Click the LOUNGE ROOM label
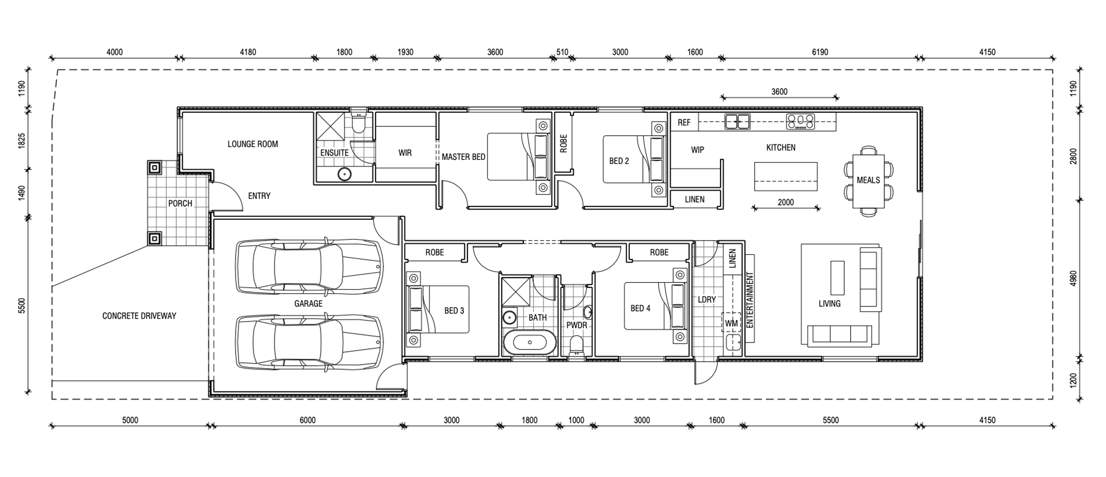point(252,144)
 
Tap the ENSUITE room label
point(334,153)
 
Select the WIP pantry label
point(697,150)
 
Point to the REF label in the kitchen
point(684,123)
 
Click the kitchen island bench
point(786,177)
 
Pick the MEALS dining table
point(868,181)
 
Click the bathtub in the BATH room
point(530,343)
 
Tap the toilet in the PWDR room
point(576,346)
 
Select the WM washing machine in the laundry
point(732,323)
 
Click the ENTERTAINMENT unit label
point(750,300)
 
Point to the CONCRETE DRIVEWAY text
point(139,316)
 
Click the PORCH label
point(180,204)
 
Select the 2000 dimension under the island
point(786,203)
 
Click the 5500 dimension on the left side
point(22,305)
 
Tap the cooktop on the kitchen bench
point(801,122)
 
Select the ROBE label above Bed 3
point(434,252)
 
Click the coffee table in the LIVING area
point(837,278)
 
